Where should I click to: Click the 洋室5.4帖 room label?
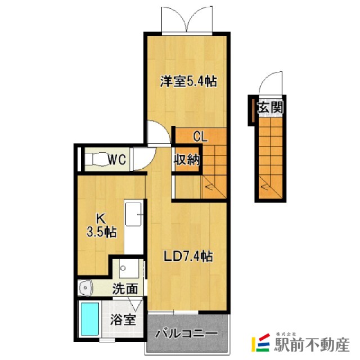188,82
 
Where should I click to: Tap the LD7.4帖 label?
188,256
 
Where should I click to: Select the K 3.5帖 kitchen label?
102,225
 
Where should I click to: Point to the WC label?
117,160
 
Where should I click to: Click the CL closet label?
201,136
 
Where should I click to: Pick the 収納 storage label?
186,159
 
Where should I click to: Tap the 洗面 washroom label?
124,290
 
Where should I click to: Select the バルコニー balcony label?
186,334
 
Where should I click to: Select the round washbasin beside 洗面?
85,289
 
